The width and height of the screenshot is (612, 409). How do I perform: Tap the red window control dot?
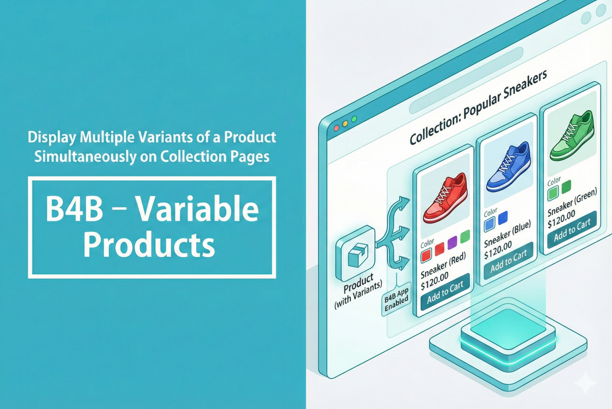click(x=336, y=128)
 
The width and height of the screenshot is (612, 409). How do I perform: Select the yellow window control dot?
click(x=345, y=124)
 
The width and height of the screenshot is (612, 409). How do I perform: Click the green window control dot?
click(x=354, y=119)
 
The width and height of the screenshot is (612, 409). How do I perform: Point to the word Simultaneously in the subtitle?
click(x=85, y=157)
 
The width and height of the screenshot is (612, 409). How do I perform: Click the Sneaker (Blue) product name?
click(x=508, y=233)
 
